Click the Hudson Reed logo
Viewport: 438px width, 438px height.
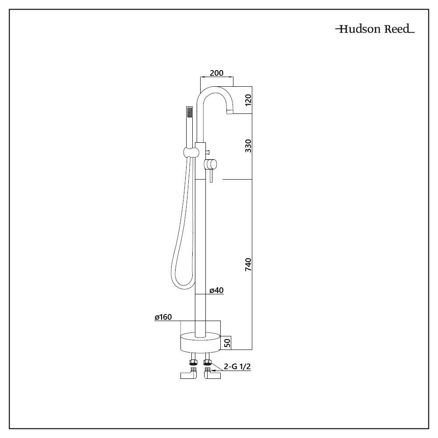[x=374, y=30]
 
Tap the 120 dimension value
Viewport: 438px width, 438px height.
[x=248, y=100]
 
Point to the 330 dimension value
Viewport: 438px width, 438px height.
[x=248, y=146]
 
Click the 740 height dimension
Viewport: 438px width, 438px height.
[x=248, y=265]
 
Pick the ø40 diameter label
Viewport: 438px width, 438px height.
[x=216, y=290]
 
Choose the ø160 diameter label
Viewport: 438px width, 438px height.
[x=162, y=318]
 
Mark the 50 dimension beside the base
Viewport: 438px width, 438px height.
[x=227, y=342]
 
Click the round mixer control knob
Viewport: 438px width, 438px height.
[x=211, y=164]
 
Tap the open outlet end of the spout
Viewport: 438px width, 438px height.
[x=230, y=112]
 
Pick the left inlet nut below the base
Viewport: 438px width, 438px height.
[x=192, y=362]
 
